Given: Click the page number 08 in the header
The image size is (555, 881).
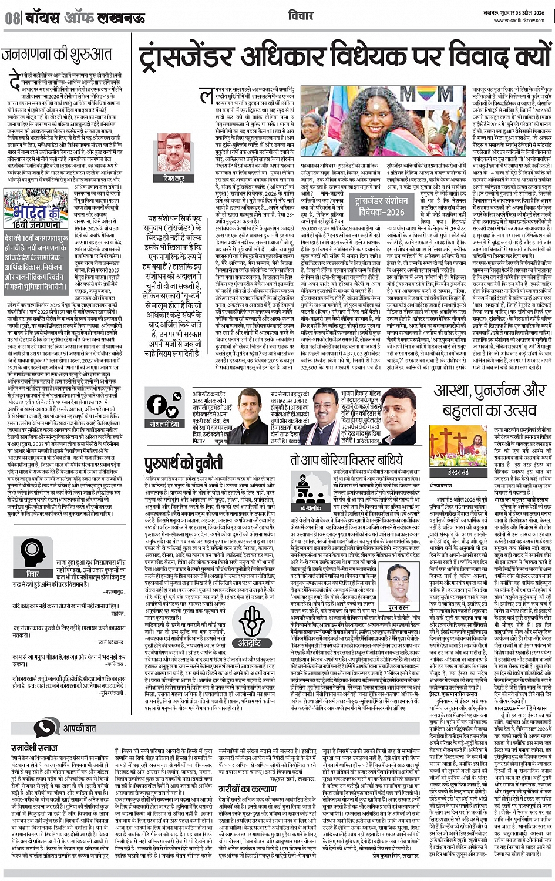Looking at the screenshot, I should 11,18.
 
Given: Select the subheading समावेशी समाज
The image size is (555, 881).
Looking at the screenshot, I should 35,748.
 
